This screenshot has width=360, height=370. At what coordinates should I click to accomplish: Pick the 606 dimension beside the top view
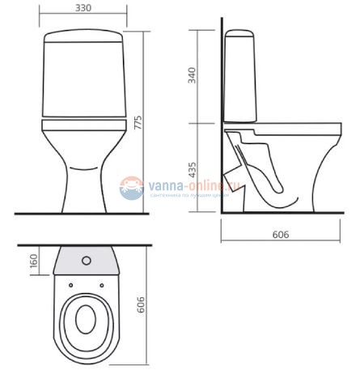pos(138,304)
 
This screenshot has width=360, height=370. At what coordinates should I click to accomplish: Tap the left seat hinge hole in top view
pos(71,285)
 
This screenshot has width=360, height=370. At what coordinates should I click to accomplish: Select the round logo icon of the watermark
pos(130,188)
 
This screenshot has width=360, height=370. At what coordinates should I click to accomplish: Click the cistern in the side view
pos(241,77)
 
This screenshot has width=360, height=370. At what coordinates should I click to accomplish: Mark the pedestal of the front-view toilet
pos(82,182)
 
